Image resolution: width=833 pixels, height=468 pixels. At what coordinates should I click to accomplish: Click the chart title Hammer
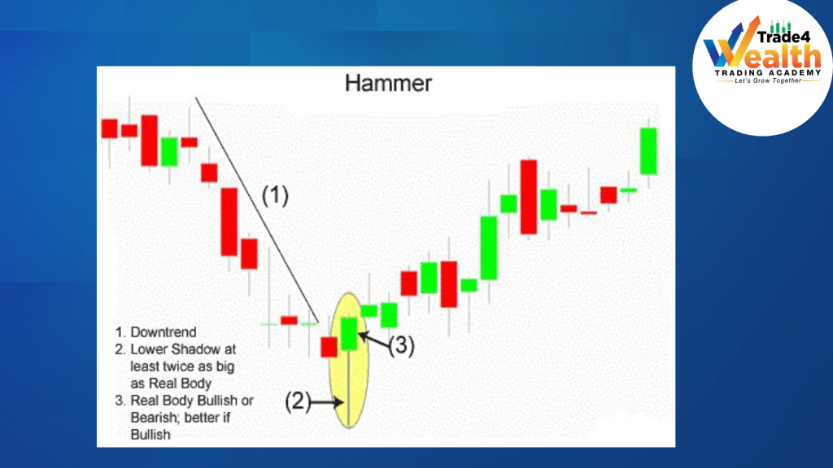(x=388, y=83)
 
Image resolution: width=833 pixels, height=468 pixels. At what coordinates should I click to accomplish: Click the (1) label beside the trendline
(x=275, y=195)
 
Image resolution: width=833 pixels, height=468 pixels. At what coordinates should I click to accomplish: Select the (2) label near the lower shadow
(x=298, y=401)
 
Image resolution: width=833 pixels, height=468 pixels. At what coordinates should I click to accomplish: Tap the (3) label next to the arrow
(x=401, y=346)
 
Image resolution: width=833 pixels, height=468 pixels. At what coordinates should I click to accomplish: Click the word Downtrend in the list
(x=163, y=332)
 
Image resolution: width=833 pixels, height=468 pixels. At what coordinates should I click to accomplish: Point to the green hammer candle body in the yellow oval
(x=349, y=333)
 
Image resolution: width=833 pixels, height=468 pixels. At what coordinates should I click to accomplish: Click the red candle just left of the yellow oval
(x=329, y=347)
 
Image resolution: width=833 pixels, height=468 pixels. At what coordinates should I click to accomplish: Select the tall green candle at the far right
(x=648, y=150)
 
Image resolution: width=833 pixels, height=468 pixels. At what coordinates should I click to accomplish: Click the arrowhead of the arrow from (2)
(x=342, y=401)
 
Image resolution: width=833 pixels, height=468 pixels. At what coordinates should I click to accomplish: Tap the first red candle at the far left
(x=110, y=128)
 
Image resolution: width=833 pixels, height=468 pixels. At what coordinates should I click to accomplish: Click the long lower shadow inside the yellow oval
(x=349, y=390)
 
